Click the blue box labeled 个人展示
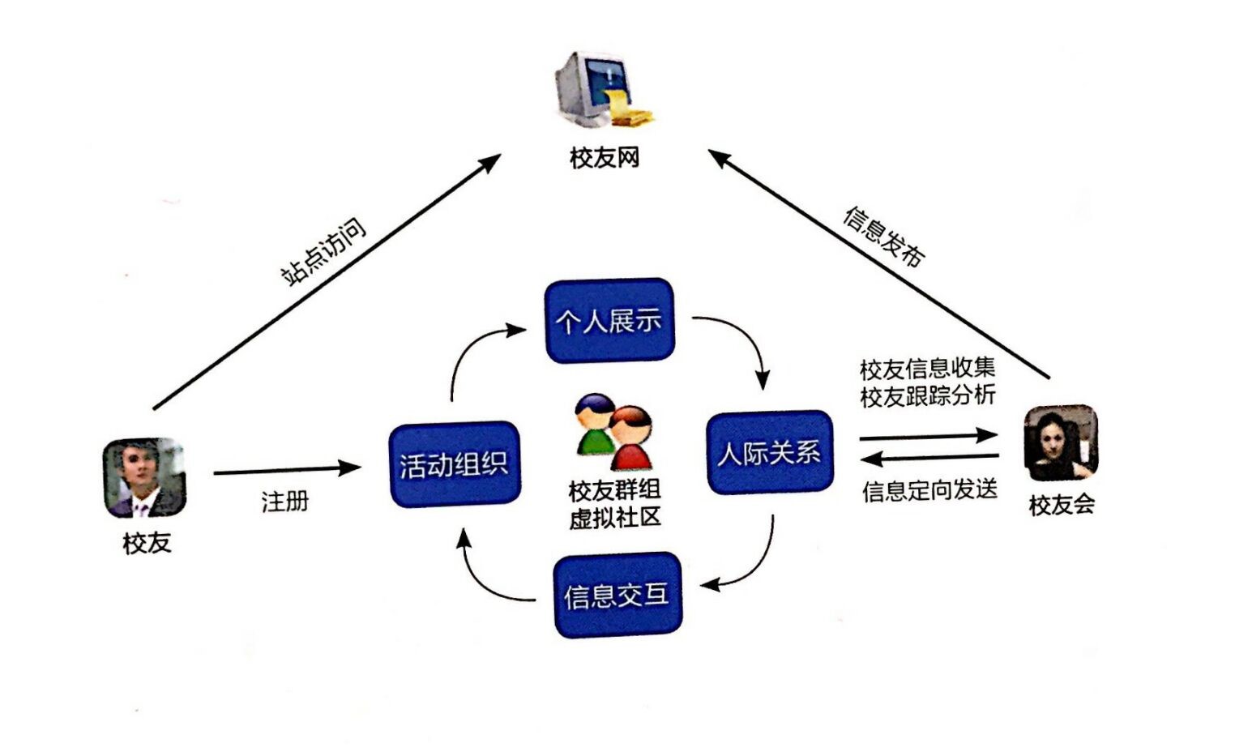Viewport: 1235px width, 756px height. (609, 320)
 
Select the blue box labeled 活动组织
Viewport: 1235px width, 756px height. (454, 464)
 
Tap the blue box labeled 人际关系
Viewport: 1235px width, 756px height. (769, 452)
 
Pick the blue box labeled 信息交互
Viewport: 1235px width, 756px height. (617, 596)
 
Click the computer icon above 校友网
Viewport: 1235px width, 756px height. (601, 90)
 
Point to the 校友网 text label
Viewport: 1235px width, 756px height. (605, 157)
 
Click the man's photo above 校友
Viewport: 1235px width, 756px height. (144, 477)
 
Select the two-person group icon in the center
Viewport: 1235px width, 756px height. (613, 432)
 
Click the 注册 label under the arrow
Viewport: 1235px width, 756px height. (285, 502)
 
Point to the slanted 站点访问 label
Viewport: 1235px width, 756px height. (323, 251)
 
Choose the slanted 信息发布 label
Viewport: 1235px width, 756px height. (884, 236)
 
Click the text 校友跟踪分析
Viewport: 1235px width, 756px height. (927, 396)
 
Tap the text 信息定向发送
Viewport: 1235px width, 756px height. (929, 490)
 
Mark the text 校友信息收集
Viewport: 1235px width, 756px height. (927, 369)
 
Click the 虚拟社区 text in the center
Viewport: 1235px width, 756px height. (615, 518)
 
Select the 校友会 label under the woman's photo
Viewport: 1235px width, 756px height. (1062, 505)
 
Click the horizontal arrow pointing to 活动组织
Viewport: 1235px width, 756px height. (287, 469)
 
